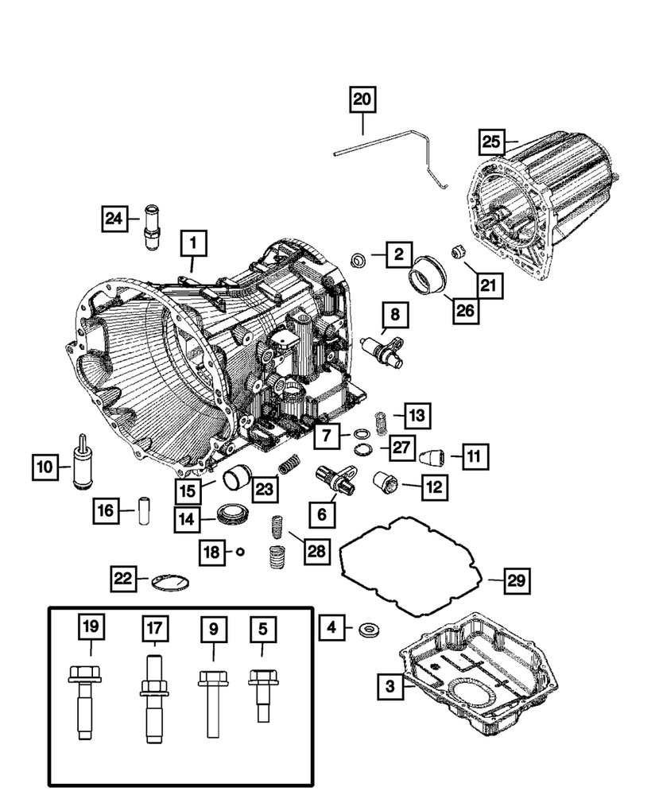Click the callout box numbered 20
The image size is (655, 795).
(362, 100)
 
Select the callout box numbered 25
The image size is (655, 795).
(491, 142)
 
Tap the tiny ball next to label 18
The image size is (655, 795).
(238, 552)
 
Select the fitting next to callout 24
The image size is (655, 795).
(151, 227)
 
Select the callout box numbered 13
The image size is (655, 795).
(417, 414)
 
